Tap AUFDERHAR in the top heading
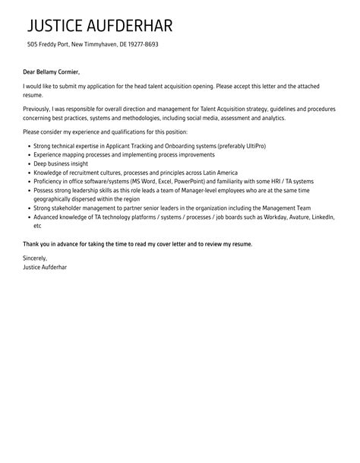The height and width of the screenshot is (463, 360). (134, 26)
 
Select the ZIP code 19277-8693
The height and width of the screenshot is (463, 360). (141, 44)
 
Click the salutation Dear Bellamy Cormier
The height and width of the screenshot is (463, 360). (51, 72)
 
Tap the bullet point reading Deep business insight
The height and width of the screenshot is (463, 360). (62, 163)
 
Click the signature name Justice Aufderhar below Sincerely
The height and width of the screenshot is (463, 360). (45, 267)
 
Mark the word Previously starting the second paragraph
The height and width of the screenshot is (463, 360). (39, 109)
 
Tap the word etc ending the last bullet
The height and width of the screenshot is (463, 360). (38, 226)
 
